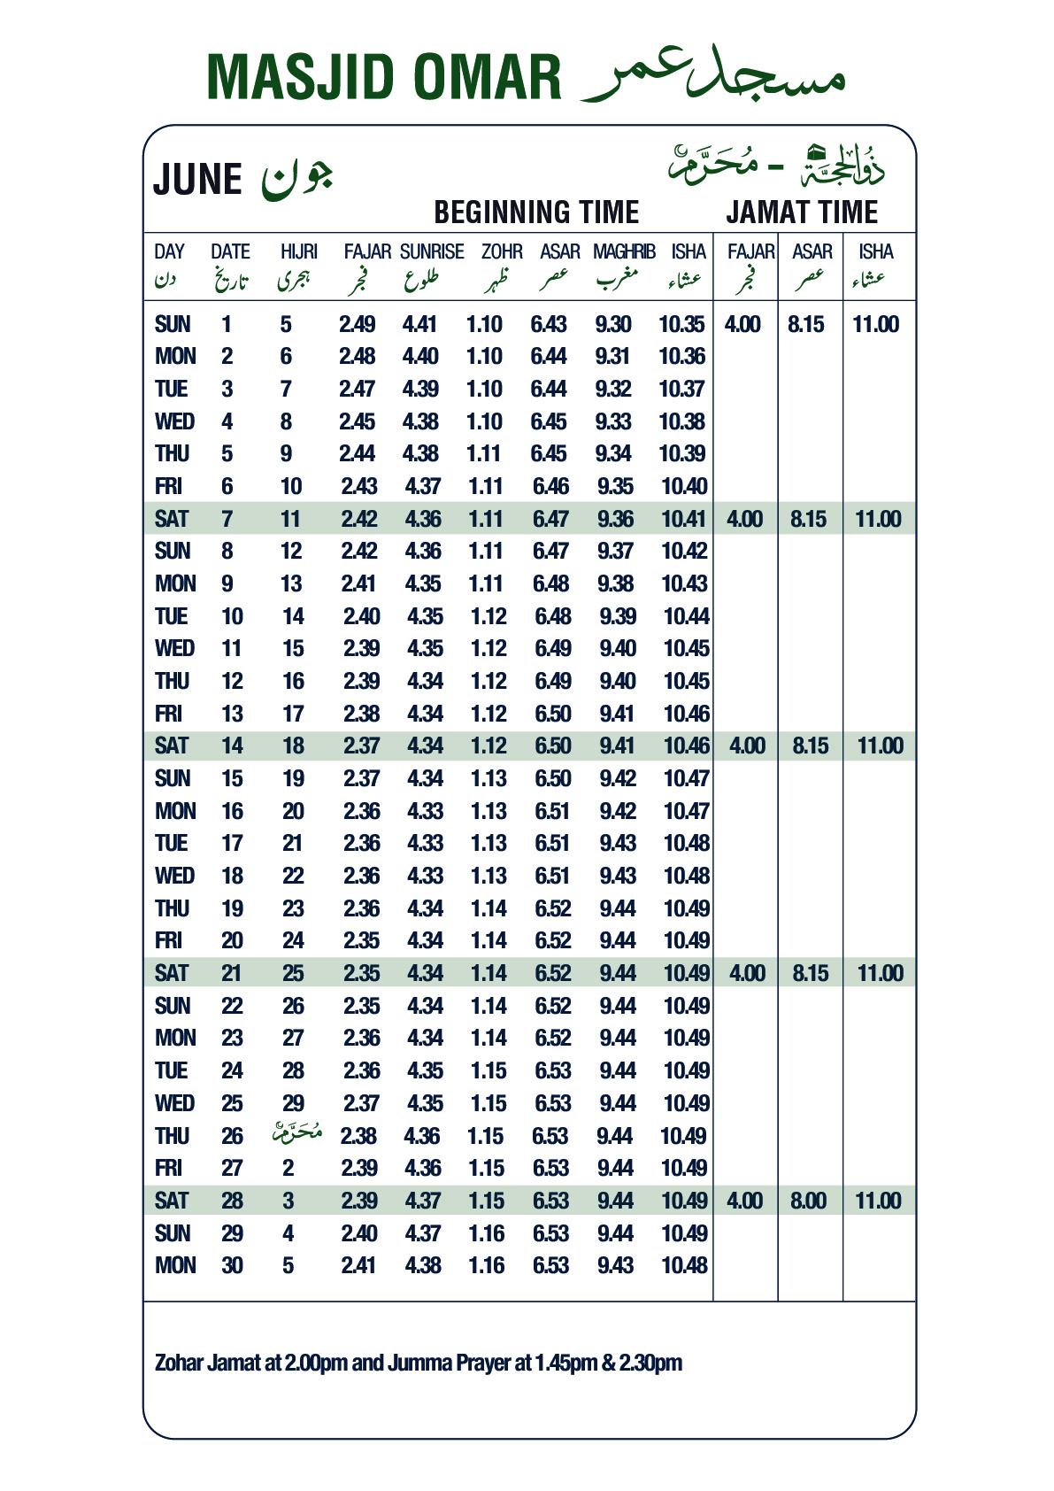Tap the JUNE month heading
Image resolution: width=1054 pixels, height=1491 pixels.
(197, 179)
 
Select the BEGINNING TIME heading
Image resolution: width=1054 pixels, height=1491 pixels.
(536, 212)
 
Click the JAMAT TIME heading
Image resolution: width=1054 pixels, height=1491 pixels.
(802, 212)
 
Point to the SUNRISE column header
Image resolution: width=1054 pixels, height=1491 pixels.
(432, 252)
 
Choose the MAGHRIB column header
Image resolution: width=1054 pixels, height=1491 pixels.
(624, 252)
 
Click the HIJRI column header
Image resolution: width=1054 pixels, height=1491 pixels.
(299, 252)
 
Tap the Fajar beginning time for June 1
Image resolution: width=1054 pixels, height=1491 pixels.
(358, 325)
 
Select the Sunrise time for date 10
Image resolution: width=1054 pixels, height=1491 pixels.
(425, 617)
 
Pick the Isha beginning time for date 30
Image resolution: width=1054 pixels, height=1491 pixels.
(684, 1266)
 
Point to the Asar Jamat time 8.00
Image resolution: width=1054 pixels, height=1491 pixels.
(808, 1201)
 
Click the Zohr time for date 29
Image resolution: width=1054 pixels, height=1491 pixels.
(487, 1233)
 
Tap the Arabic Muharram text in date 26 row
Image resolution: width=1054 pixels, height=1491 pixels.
(297, 1133)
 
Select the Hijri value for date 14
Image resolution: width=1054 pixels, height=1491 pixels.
(294, 746)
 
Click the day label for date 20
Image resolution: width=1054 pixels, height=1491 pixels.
(168, 941)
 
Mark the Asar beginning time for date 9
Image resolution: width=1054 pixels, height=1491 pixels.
(552, 584)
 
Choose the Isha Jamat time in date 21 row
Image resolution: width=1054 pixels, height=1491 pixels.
(881, 974)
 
